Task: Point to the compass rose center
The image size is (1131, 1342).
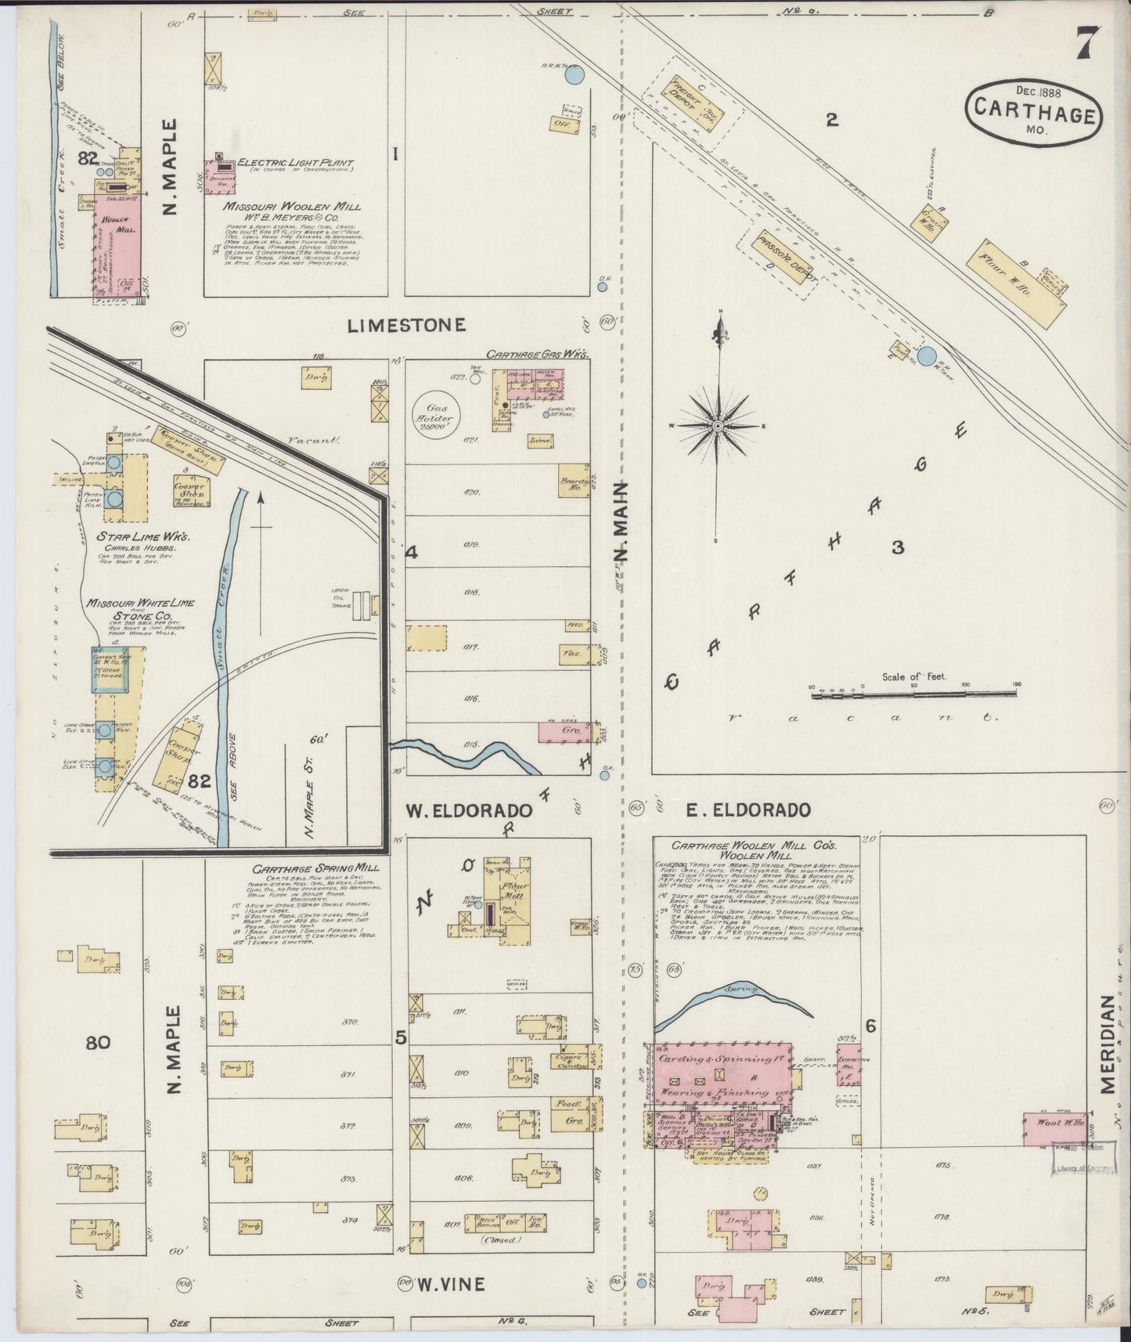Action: coord(718,426)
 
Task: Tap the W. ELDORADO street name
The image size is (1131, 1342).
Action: coord(469,810)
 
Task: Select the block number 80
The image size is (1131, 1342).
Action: coord(98,1042)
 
